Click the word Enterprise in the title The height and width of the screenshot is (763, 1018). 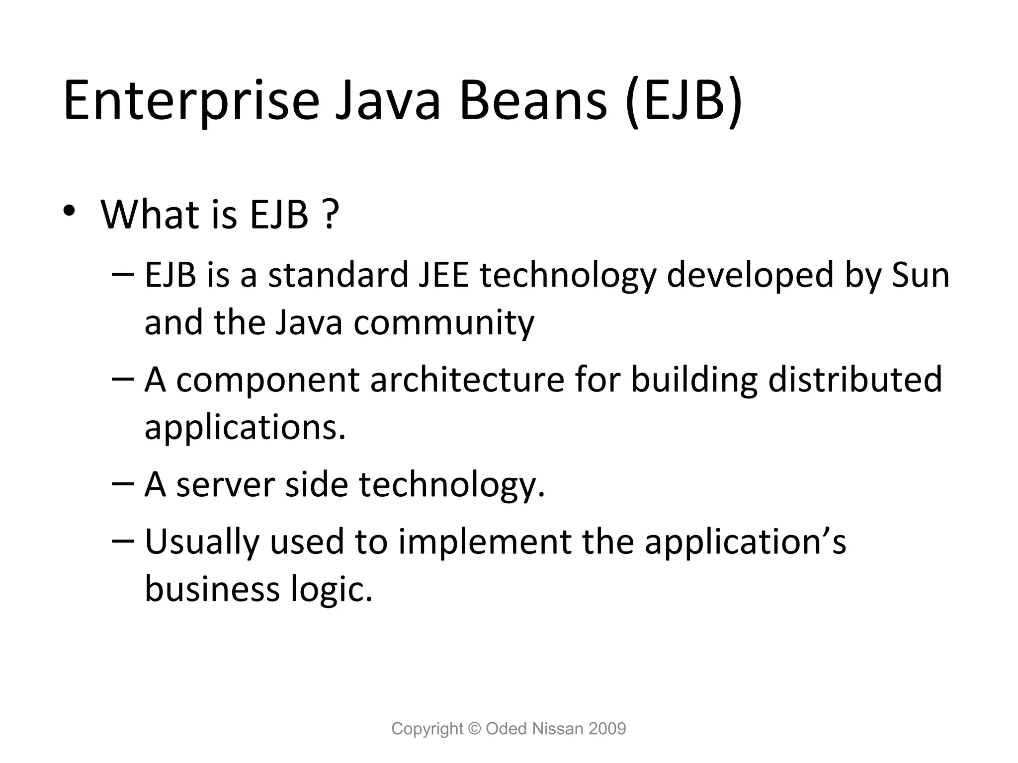tap(191, 101)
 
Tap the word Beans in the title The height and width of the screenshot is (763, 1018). tap(533, 101)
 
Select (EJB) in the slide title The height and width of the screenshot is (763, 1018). tap(684, 101)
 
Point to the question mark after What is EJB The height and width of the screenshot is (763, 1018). tap(329, 215)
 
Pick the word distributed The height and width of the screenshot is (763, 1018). tap(855, 380)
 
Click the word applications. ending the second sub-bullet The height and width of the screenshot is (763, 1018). tap(245, 428)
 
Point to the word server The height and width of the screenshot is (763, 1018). tap(225, 485)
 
